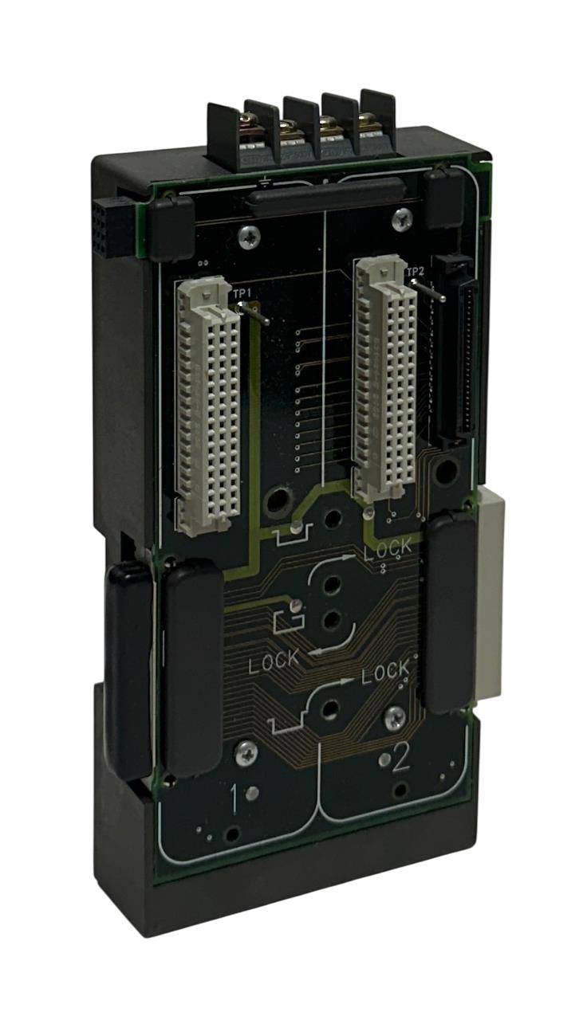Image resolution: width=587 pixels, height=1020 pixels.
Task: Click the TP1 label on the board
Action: tap(242, 294)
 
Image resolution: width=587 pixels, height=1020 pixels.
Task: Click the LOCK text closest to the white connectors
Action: tap(388, 547)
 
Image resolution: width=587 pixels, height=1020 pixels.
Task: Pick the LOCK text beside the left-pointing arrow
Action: tap(274, 661)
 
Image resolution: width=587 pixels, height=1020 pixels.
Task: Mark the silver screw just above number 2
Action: tap(393, 718)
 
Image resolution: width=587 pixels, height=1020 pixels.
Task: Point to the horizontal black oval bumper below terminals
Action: tap(326, 195)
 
